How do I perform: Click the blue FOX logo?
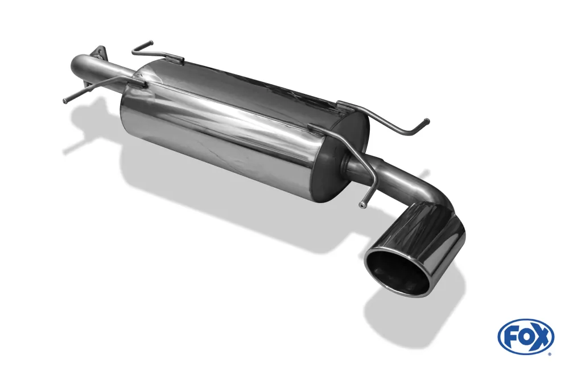(525, 336)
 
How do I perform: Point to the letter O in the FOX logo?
(525, 337)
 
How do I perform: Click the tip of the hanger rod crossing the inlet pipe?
(65, 101)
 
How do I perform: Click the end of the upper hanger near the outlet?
(426, 121)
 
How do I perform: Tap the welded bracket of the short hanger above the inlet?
(178, 57)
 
